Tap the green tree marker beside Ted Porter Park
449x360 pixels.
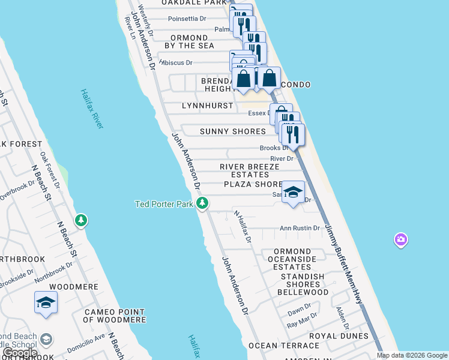tap(202, 203)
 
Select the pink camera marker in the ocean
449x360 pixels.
tap(400, 241)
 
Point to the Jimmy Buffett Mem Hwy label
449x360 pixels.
tap(345, 265)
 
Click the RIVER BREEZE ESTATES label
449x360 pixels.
tap(249, 170)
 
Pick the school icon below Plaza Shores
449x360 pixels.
tap(292, 193)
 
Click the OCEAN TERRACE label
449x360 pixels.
tap(280, 346)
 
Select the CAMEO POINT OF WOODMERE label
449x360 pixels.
tap(114, 316)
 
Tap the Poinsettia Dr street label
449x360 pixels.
tap(187, 19)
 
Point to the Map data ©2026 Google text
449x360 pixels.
tap(411, 355)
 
